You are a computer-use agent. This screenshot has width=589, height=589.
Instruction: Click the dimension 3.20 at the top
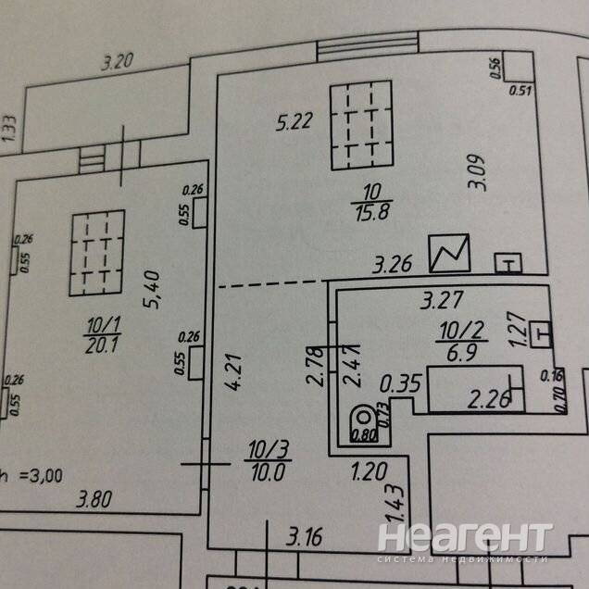pos(118,64)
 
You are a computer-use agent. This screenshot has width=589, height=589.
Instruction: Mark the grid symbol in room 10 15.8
pos(361,124)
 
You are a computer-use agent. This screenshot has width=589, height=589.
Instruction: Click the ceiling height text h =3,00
pos(31,477)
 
